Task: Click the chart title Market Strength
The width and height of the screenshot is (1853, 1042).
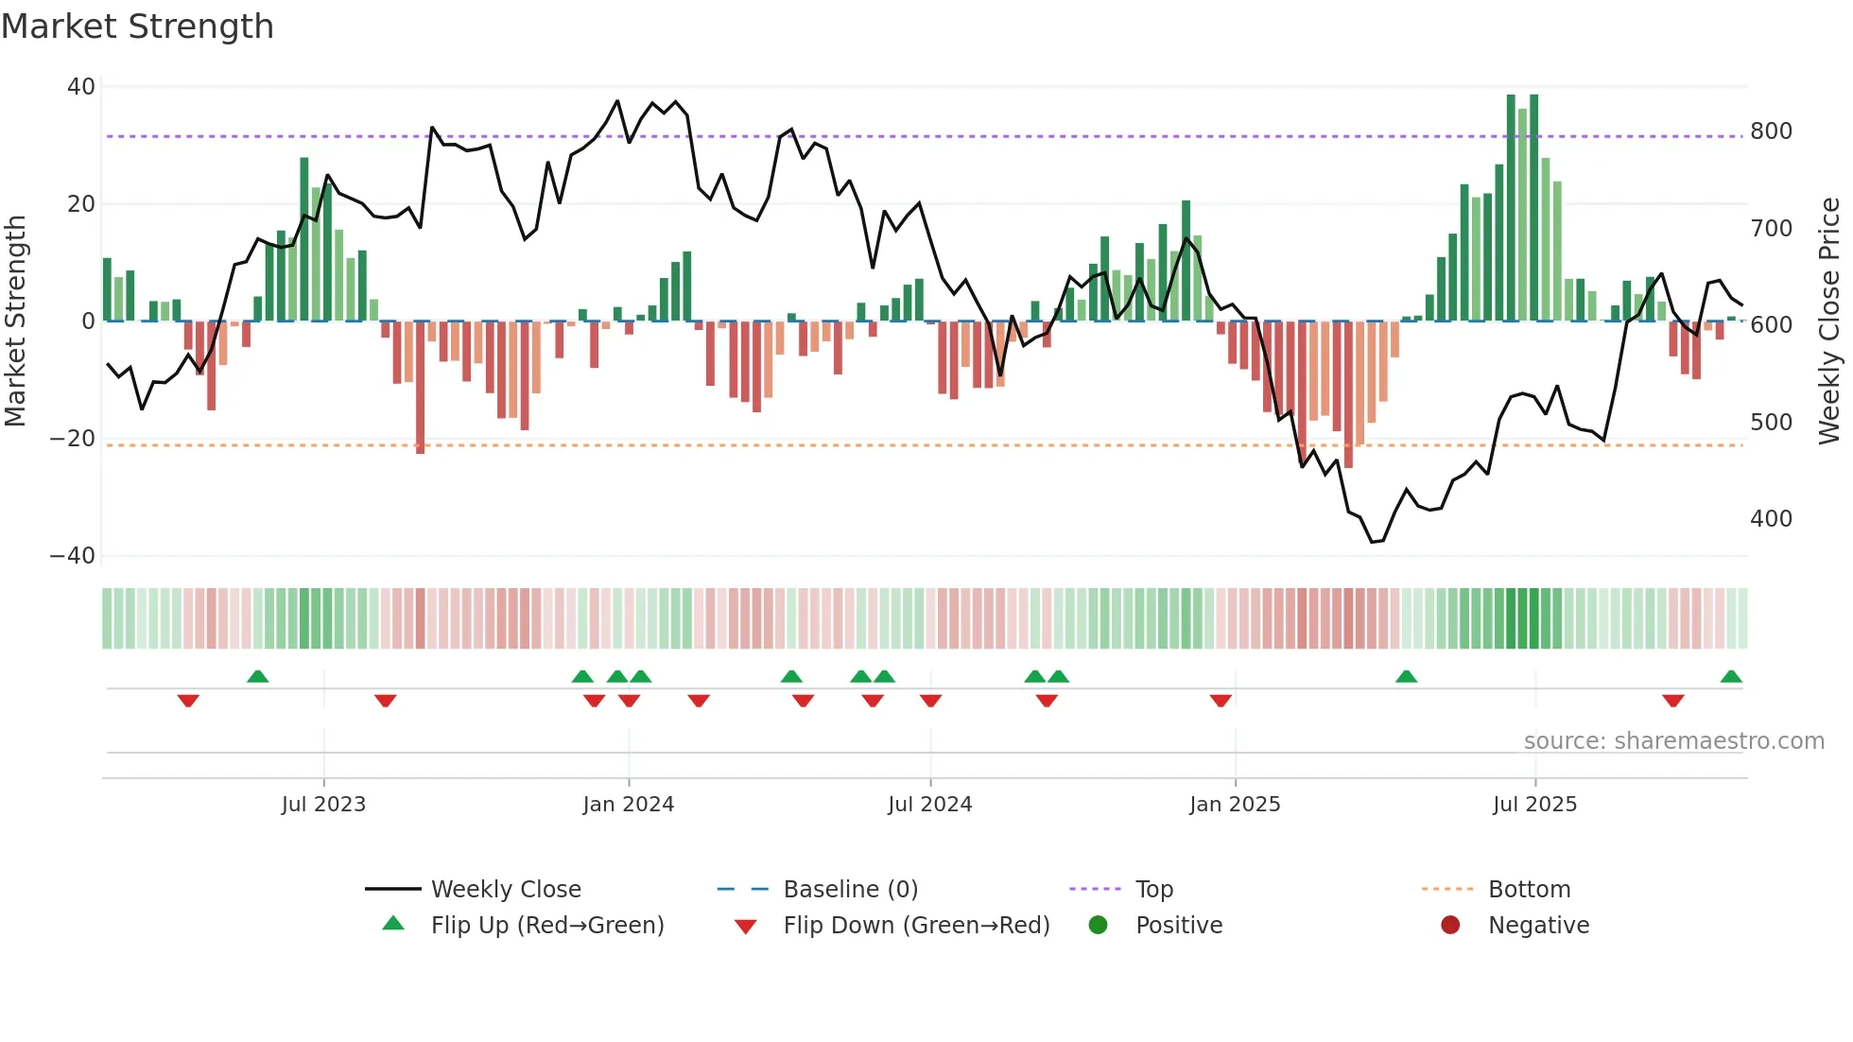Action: pos(137,26)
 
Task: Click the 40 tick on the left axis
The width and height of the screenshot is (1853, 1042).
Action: pos(81,87)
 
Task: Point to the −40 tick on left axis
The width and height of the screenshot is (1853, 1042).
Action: pos(73,556)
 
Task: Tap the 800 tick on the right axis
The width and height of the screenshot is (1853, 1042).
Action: pos(1771,131)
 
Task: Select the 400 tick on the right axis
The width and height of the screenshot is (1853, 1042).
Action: pos(1771,519)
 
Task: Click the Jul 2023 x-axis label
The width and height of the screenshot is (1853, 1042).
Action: pos(323,805)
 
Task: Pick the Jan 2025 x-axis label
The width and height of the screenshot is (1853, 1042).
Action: pos(1235,805)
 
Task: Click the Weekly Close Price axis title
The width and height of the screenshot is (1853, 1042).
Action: pos(1829,321)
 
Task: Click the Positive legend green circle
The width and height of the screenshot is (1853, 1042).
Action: pos(1098,925)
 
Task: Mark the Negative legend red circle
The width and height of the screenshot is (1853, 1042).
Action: pos(1450,925)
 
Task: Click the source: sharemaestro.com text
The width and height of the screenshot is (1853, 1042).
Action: pos(1673,741)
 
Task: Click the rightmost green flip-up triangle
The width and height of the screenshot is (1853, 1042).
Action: pos(1731,677)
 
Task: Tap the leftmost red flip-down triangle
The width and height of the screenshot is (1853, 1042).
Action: pos(188,701)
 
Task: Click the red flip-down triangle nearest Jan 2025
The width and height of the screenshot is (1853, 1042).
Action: pos(1221,701)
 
